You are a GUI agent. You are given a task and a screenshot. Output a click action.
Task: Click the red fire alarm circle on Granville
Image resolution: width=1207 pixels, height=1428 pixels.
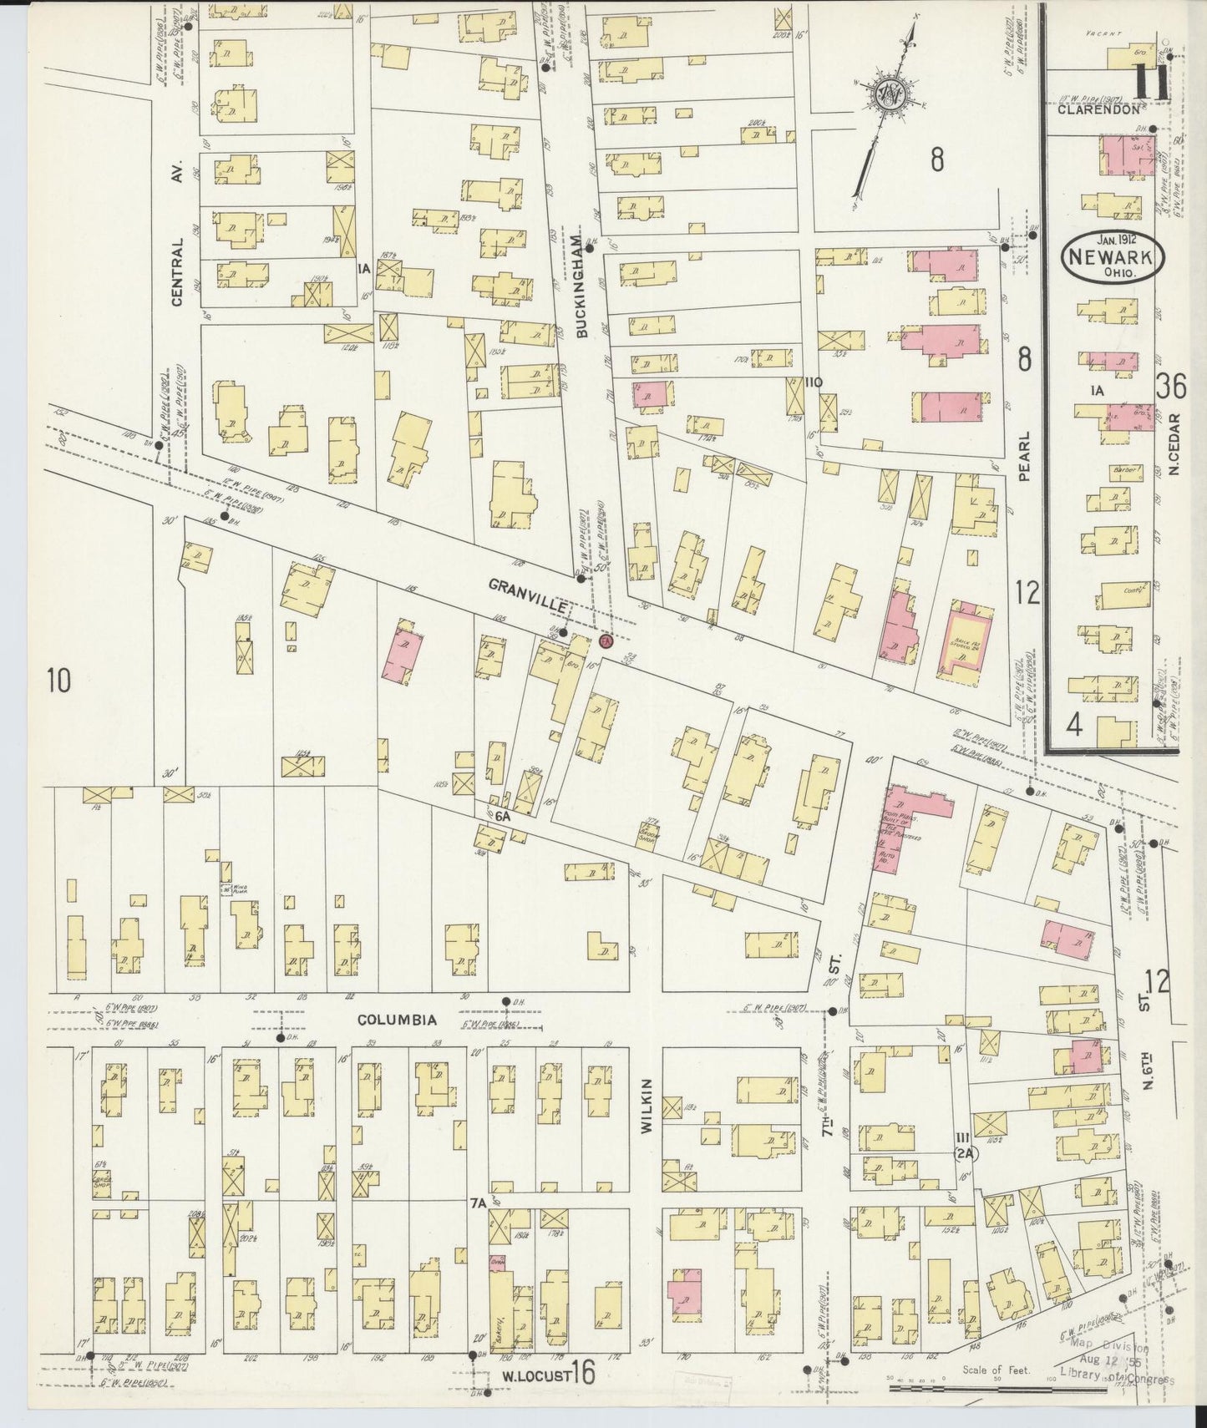(x=606, y=641)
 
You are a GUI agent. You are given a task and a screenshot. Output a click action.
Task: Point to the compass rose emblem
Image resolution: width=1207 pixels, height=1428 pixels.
(x=883, y=99)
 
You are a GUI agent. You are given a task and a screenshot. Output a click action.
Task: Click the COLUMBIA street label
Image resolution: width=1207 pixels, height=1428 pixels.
(x=398, y=1020)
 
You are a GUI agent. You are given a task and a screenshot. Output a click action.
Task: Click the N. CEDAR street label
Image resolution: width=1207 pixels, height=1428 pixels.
(x=1174, y=445)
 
